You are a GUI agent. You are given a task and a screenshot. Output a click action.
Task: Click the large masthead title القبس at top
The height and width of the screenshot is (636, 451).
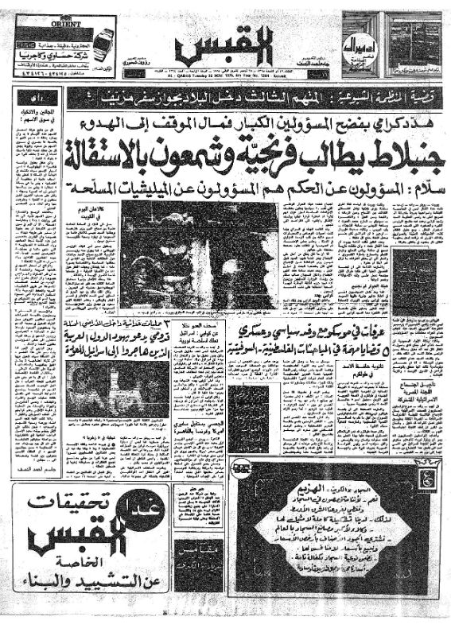[x=225, y=45]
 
